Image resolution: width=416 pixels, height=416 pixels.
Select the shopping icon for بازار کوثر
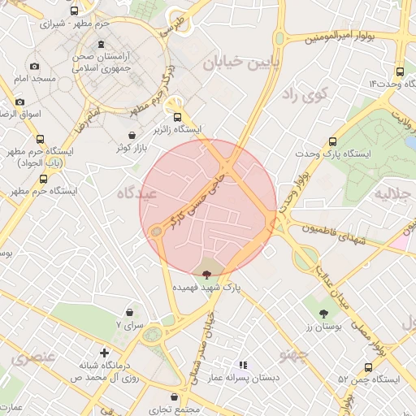(132, 135)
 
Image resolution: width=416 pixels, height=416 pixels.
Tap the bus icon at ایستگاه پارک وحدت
(332, 141)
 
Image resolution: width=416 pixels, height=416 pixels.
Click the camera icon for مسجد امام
(33, 67)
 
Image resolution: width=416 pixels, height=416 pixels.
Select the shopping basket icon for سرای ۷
(130, 312)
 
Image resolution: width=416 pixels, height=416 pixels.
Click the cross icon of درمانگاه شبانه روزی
(104, 353)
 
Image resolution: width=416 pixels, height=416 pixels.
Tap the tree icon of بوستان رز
(324, 313)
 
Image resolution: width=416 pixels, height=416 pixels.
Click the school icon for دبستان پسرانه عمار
(242, 366)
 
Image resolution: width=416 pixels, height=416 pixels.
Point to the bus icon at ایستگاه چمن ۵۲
(369, 367)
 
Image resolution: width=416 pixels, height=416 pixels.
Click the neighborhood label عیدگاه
(136, 193)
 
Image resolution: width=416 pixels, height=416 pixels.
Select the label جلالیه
(392, 195)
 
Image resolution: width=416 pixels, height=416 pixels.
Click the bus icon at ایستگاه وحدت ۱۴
(400, 71)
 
